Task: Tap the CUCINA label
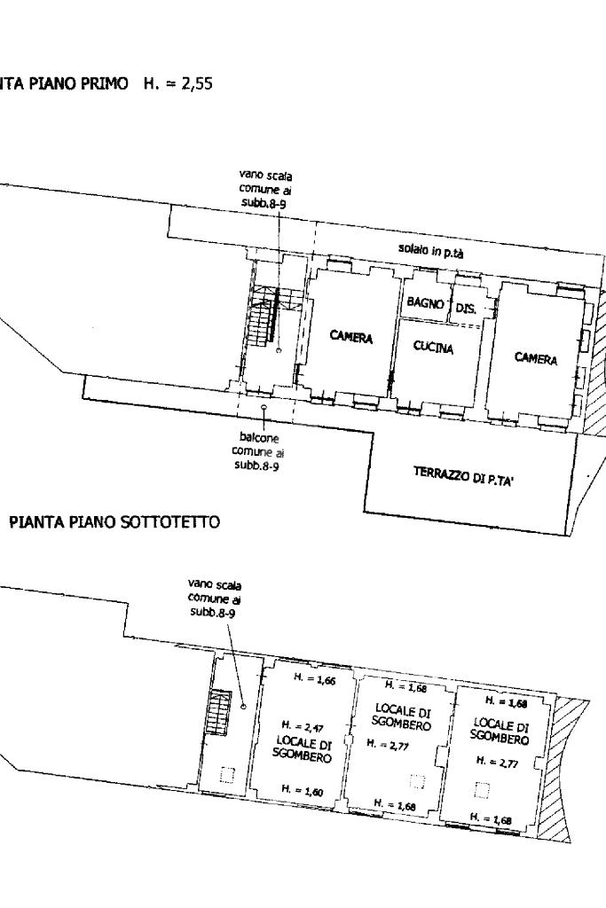click(x=433, y=347)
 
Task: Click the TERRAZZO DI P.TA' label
click(x=463, y=478)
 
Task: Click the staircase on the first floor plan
click(x=264, y=317)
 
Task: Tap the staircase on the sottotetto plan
click(x=219, y=712)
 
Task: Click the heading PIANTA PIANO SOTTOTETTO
click(x=114, y=521)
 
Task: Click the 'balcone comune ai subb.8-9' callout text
click(x=258, y=451)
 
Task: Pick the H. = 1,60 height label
click(x=303, y=790)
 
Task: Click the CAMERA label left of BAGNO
click(x=350, y=336)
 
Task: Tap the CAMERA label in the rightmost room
click(x=536, y=358)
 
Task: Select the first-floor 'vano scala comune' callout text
click(x=264, y=189)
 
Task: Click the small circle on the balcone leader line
click(x=264, y=408)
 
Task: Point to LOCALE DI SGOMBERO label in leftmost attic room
click(x=302, y=749)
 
